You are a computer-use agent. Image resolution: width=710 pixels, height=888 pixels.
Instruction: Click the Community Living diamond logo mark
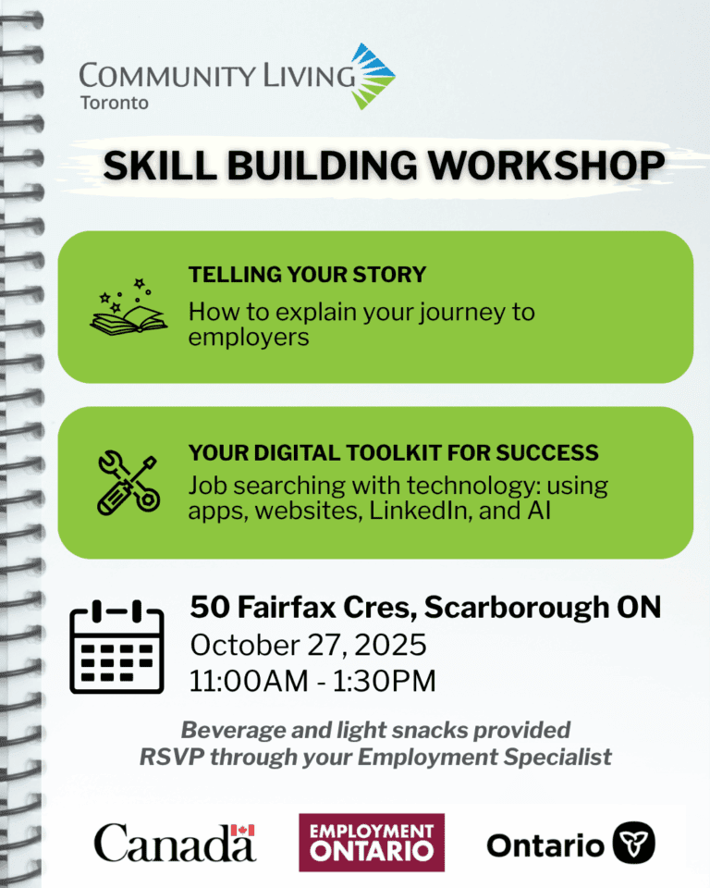(x=373, y=77)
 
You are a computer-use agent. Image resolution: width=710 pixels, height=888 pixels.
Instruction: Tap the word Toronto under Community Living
(x=115, y=103)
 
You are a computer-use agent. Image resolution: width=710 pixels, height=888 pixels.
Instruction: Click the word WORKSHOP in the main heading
(x=545, y=166)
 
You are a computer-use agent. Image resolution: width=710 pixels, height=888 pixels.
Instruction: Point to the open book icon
(x=129, y=308)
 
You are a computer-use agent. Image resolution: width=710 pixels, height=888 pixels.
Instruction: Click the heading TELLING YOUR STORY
(x=307, y=275)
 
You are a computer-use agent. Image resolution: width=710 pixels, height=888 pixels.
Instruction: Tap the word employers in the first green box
(x=249, y=338)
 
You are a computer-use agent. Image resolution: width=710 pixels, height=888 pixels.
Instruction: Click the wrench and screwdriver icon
(x=129, y=483)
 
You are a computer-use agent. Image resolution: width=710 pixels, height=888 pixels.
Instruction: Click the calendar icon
(x=116, y=647)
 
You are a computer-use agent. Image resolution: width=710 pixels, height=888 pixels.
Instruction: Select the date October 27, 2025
(x=308, y=645)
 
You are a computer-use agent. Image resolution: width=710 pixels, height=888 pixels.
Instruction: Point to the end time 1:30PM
(x=385, y=681)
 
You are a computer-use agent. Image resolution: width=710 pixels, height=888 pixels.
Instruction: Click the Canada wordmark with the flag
(x=175, y=842)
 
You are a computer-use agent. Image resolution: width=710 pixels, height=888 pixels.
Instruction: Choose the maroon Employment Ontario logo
(x=372, y=842)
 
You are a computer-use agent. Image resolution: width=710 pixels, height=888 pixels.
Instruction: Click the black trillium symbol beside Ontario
(x=633, y=843)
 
